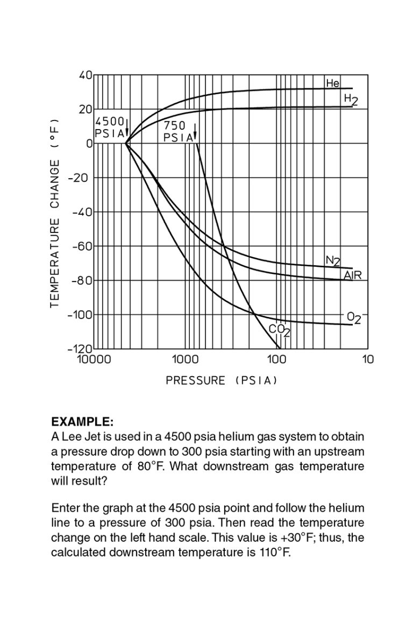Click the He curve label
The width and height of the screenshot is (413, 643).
point(332,83)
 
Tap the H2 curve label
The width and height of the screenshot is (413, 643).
point(351,99)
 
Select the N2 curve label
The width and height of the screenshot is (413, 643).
point(333,262)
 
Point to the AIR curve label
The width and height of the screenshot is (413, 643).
point(353,275)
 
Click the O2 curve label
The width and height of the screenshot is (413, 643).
point(353,318)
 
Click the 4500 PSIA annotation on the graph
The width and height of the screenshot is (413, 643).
point(110,127)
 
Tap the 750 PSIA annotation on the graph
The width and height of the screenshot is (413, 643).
point(178,131)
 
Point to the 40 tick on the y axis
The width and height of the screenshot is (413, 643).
point(86,75)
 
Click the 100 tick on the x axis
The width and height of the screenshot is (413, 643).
point(277,359)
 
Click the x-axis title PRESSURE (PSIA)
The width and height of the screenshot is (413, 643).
point(222,380)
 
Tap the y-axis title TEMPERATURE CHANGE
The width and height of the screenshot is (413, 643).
point(54,214)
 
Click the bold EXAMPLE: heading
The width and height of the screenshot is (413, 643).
point(82,421)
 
